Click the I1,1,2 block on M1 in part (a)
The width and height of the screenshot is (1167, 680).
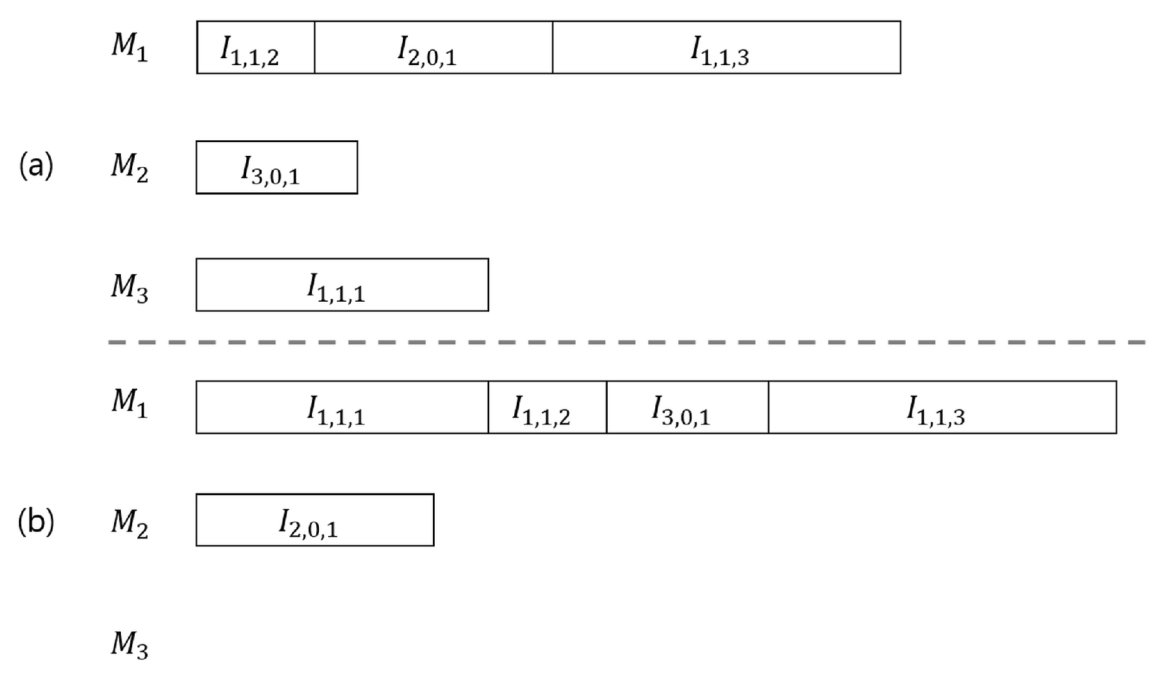click(255, 48)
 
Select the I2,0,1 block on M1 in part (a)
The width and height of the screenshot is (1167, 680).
click(433, 48)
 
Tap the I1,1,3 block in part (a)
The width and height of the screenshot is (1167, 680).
click(726, 48)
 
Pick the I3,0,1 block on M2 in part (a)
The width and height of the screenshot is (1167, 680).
click(276, 168)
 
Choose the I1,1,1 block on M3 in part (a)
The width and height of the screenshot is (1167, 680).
click(341, 285)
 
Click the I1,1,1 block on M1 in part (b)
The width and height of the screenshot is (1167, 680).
click(341, 408)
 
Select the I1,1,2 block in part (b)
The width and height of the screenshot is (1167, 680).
click(547, 408)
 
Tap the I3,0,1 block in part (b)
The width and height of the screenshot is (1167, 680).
click(687, 408)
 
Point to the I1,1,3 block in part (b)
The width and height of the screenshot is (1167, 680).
click(941, 408)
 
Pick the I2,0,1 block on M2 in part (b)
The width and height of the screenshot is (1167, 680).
click(314, 520)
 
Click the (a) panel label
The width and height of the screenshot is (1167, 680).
click(36, 166)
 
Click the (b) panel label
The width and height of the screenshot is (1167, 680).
click(36, 521)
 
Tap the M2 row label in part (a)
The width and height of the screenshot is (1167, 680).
click(130, 168)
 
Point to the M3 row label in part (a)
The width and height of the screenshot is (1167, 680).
click(130, 288)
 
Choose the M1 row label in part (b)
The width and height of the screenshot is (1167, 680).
click(130, 403)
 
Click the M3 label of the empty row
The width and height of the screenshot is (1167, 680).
click(130, 644)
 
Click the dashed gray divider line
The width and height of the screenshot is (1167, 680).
click(626, 343)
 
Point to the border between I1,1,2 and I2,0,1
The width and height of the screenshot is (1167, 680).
click(314, 48)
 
